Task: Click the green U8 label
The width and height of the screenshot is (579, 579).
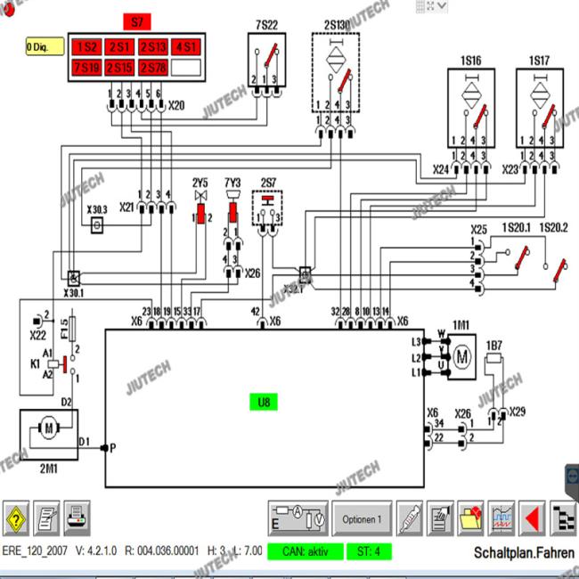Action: pyautogui.click(x=264, y=403)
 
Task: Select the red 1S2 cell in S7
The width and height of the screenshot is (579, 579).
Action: pyautogui.click(x=86, y=47)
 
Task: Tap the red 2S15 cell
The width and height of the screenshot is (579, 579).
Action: pyautogui.click(x=119, y=68)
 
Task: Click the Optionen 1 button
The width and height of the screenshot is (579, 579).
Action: pyautogui.click(x=362, y=518)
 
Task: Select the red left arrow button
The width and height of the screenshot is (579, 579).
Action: pyautogui.click(x=533, y=518)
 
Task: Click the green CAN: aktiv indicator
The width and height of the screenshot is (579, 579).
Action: pyautogui.click(x=304, y=552)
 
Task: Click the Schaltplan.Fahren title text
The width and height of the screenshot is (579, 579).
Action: pyautogui.click(x=525, y=554)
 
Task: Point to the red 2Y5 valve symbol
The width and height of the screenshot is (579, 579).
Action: pyautogui.click(x=200, y=214)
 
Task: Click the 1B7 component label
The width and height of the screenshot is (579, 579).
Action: pyautogui.click(x=493, y=344)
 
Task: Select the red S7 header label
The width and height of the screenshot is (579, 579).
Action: pyautogui.click(x=136, y=21)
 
